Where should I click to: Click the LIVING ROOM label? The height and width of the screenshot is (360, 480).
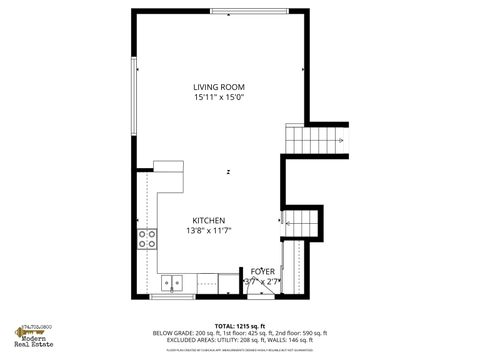[x=219, y=87]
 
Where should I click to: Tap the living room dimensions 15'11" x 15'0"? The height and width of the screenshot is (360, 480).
[x=219, y=98]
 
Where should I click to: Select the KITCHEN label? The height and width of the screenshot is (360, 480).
[x=209, y=220]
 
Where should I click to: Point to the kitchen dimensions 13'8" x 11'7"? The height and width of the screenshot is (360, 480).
[x=209, y=231]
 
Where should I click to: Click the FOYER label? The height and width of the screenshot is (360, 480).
[x=263, y=271]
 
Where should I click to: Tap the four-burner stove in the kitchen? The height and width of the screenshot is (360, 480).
[x=148, y=238]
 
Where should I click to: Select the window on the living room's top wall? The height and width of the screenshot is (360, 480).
[x=246, y=11]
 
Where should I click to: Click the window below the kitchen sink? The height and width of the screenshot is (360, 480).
[x=172, y=297]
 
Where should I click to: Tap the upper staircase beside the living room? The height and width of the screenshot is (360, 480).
[x=315, y=139]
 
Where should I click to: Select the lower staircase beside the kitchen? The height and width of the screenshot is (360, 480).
[x=302, y=224]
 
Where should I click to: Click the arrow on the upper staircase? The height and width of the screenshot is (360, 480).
[x=341, y=141]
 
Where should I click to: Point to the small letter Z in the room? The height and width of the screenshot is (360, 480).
[x=228, y=172]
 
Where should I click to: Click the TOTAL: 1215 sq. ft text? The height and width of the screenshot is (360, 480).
[x=240, y=325]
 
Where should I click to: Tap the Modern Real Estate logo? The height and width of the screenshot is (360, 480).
[x=31, y=338]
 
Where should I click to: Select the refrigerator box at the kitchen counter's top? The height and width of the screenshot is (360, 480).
[x=168, y=166]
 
